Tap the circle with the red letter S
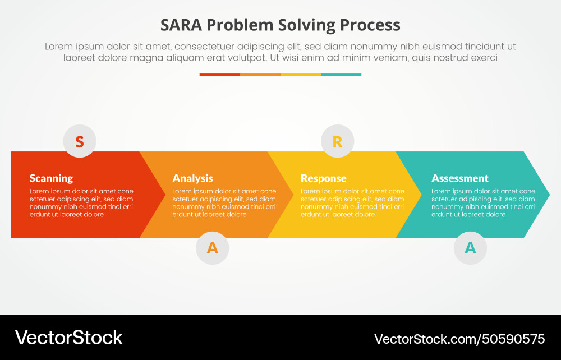[x=80, y=141]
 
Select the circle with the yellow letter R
[x=337, y=141]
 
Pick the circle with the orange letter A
[x=212, y=247]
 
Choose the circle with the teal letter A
[x=470, y=247]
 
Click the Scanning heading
[x=51, y=178]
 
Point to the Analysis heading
[x=192, y=178]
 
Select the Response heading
[x=323, y=178]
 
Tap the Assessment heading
[x=459, y=178]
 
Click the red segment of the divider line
[x=219, y=74]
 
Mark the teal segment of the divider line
[x=341, y=74]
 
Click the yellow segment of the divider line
[x=301, y=74]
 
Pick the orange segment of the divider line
[x=260, y=74]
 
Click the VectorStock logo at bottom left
[x=68, y=338]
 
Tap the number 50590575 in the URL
[x=512, y=339]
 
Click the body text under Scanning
[x=81, y=203]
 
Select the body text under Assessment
[x=482, y=203]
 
